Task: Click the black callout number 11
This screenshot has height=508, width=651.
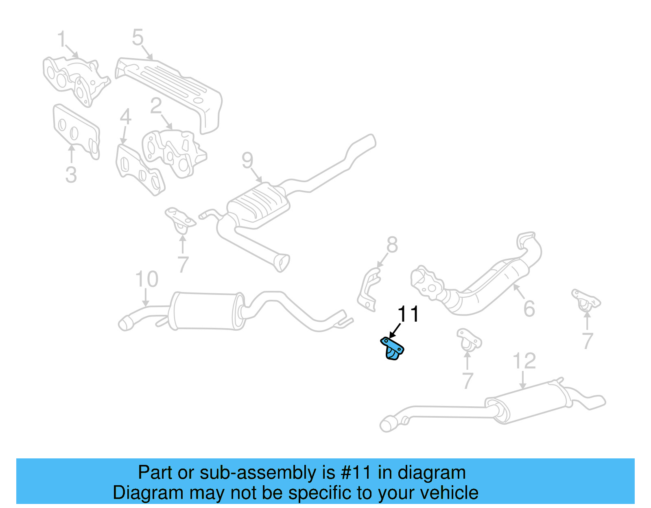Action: [x=408, y=314]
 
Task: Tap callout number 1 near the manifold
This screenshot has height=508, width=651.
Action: [x=61, y=39]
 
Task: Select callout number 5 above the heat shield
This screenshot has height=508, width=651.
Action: [x=138, y=37]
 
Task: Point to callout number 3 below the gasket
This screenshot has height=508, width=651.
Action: [x=71, y=175]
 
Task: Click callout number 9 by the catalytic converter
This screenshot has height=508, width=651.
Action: [x=247, y=160]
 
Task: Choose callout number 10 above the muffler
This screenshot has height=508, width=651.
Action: [x=146, y=279]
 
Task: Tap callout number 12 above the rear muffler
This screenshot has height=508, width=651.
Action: [x=524, y=361]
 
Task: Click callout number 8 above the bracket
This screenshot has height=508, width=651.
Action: [x=392, y=245]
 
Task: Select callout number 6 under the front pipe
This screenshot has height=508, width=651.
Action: [x=529, y=309]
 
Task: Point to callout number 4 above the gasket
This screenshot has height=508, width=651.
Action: [x=125, y=117]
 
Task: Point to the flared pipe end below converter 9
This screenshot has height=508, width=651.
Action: [x=282, y=262]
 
